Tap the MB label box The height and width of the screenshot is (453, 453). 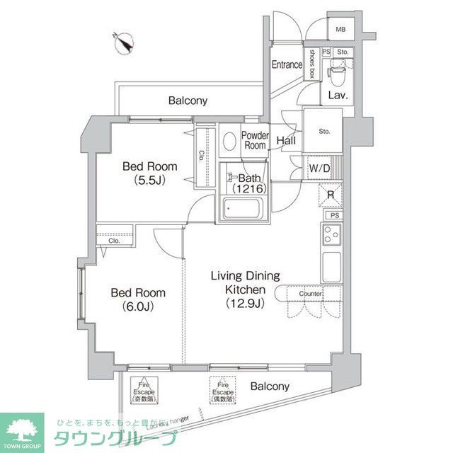point(340,29)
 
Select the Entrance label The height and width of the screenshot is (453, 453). point(287,64)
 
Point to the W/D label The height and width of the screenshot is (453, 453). point(319,168)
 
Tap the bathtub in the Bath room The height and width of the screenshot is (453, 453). point(243,209)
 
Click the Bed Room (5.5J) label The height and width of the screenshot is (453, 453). point(149,173)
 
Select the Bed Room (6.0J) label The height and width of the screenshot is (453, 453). point(138,299)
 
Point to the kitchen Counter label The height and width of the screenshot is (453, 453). point(311,293)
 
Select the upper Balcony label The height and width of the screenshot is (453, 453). point(188,101)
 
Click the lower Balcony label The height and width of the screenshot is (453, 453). point(270,386)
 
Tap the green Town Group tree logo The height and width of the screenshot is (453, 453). point(22,428)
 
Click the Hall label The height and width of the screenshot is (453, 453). point(286,140)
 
